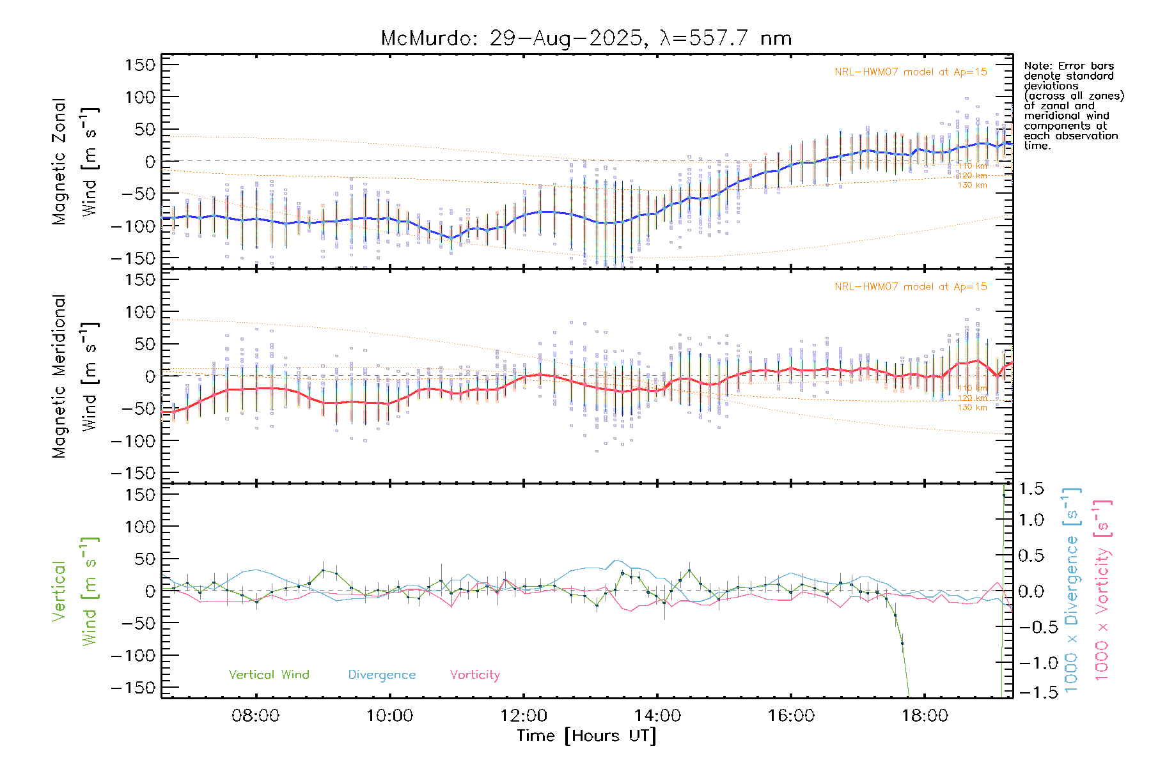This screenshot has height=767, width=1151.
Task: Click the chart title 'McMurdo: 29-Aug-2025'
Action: click(512, 38)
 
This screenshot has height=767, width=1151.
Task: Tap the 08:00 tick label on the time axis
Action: click(256, 716)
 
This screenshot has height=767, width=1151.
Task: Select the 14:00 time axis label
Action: click(657, 716)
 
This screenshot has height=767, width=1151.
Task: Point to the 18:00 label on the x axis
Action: click(925, 716)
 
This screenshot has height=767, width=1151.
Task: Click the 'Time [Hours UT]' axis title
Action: click(586, 736)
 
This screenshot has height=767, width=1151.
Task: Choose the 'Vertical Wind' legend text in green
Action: click(269, 675)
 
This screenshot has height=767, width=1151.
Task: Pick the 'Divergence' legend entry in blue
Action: click(382, 675)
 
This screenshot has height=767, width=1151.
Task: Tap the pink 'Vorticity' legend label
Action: click(474, 675)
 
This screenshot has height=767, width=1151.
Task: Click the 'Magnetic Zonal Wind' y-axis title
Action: click(75, 162)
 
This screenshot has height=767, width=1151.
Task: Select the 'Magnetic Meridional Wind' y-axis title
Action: click(75, 376)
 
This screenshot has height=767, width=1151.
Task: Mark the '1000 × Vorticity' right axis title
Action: click(1102, 591)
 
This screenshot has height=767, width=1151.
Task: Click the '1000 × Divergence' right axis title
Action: click(1072, 591)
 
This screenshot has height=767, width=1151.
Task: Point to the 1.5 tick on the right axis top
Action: click(1031, 489)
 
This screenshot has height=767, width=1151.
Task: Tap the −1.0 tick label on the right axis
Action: click(1031, 663)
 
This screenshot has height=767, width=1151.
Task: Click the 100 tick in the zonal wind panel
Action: click(141, 97)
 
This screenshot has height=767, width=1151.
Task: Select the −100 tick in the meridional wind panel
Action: click(133, 441)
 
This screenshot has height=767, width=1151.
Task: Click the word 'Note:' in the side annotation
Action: click(1038, 66)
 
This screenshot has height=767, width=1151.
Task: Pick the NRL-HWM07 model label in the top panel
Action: click(911, 72)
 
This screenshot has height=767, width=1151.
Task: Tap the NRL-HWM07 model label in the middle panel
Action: click(911, 287)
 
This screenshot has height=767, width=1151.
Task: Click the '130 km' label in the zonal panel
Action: click(972, 185)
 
